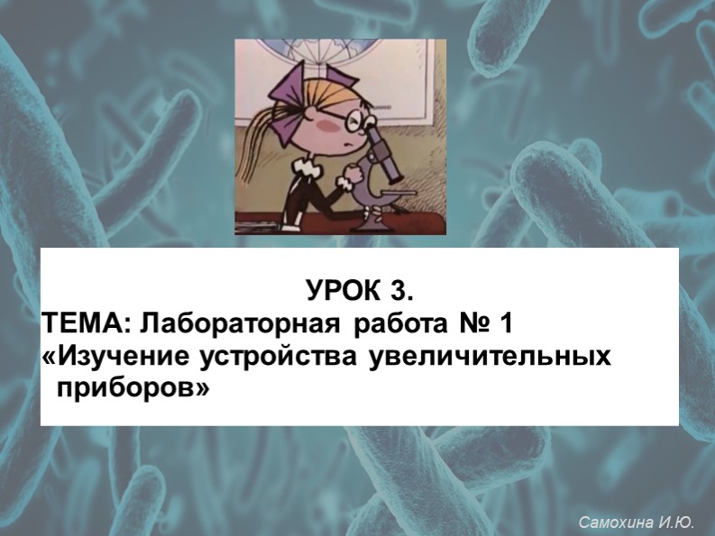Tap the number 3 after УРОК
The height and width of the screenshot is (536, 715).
pos(402,293)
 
